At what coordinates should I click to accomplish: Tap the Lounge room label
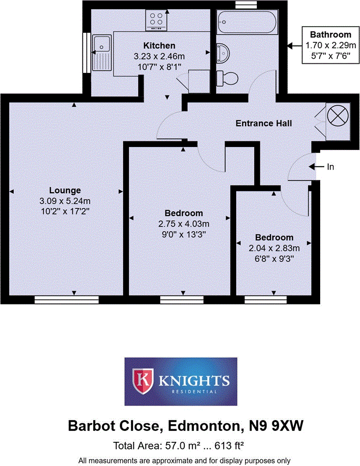coord(65,190)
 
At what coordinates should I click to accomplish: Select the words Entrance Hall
coord(264,123)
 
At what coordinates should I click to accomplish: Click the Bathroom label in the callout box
coord(330,35)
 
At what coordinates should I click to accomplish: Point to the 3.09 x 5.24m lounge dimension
coord(65,201)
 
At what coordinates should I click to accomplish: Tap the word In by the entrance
coord(330,167)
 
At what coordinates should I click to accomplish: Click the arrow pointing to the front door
coord(316,167)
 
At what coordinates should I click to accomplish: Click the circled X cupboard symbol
coord(337,116)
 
